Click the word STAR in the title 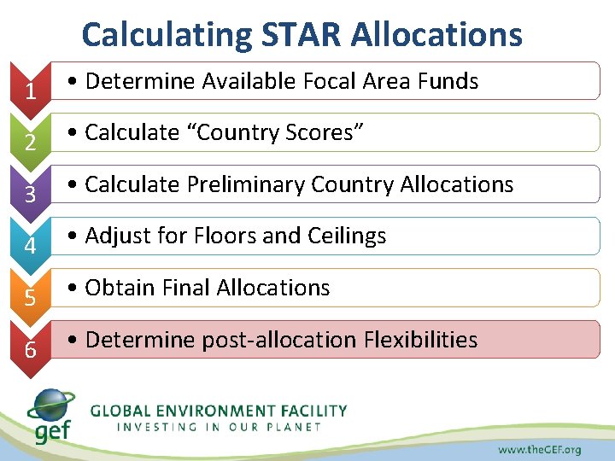pyautogui.click(x=300, y=35)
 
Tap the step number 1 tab pyautogui.click(x=30, y=90)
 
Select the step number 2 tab pyautogui.click(x=30, y=142)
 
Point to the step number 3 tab pyautogui.click(x=30, y=194)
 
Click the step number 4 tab pyautogui.click(x=30, y=246)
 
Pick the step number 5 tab pyautogui.click(x=30, y=298)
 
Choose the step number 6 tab pyautogui.click(x=30, y=349)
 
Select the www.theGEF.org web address pyautogui.click(x=539, y=449)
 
